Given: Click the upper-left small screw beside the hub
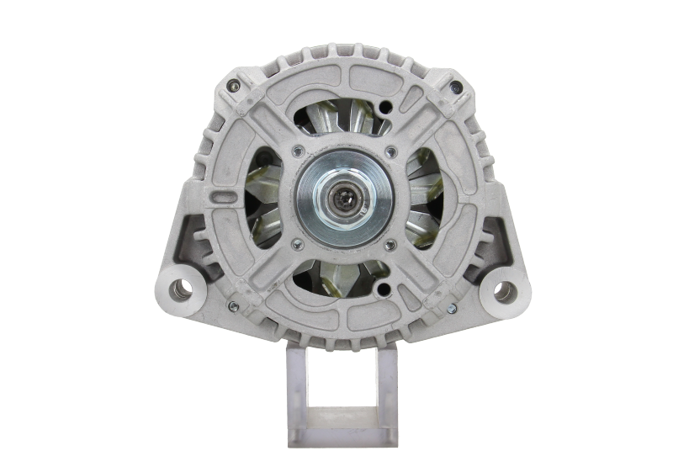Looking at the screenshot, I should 295,151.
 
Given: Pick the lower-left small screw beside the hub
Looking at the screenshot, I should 295,245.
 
